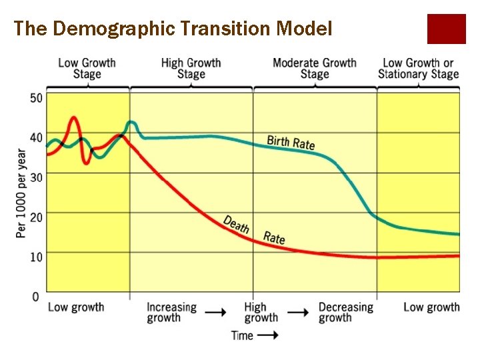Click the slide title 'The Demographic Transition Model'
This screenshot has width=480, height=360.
tap(173, 29)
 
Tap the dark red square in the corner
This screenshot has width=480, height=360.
tap(446, 29)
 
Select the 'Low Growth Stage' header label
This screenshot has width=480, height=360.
tap(87, 68)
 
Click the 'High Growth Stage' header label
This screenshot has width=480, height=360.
tap(191, 68)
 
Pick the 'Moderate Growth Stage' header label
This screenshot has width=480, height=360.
tap(314, 68)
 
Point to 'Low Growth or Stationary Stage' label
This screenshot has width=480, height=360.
tap(419, 68)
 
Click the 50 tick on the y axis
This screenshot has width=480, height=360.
tap(35, 98)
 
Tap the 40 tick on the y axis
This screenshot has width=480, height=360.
tap(35, 138)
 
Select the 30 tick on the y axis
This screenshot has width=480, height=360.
tap(35, 177)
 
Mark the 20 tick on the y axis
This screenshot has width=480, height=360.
tap(35, 217)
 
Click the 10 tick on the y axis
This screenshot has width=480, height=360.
tap(35, 257)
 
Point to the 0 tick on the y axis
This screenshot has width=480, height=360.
tap(35, 296)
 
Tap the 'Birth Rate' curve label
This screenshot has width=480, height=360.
tap(291, 142)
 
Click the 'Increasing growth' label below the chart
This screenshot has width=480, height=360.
tap(171, 313)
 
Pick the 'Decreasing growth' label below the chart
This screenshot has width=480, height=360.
tap(345, 313)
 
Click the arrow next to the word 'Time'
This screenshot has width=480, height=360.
tap(268, 336)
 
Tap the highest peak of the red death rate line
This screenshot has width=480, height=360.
tap(73, 118)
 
